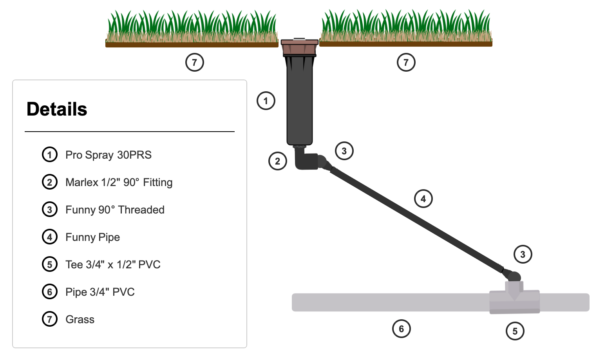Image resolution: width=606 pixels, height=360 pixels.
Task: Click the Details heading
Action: tap(57, 109)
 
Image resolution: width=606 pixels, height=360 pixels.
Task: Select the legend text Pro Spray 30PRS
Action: tap(108, 155)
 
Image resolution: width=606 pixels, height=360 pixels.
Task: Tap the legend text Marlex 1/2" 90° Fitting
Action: tap(119, 182)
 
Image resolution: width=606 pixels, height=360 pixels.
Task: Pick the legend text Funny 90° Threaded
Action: tap(115, 210)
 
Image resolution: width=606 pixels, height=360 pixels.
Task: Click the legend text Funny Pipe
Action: tap(92, 237)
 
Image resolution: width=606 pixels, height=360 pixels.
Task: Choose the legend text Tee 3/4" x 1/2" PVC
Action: tap(113, 264)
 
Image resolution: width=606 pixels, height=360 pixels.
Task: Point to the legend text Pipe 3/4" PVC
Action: tap(100, 292)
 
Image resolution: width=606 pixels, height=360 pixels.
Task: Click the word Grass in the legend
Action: tap(80, 319)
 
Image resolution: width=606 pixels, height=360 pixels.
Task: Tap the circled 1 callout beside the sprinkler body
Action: tap(266, 101)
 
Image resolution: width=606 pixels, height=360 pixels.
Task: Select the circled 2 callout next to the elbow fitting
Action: tap(278, 161)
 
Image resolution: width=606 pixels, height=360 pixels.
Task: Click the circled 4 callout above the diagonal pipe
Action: tap(423, 199)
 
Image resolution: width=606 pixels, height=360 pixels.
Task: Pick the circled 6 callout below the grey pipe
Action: tap(402, 329)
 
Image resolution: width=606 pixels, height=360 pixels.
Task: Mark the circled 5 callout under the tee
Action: tap(515, 331)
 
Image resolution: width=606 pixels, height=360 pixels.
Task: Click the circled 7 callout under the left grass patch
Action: tap(195, 62)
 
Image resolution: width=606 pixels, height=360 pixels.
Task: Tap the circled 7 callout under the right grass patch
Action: tap(406, 62)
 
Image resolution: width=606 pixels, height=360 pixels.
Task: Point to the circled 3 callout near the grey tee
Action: tap(523, 254)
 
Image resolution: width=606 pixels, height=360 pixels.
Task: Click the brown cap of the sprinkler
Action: tap(299, 47)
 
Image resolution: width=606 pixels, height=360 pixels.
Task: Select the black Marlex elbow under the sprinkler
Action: tap(305, 161)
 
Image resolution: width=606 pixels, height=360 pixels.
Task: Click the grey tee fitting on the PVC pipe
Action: tap(514, 301)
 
